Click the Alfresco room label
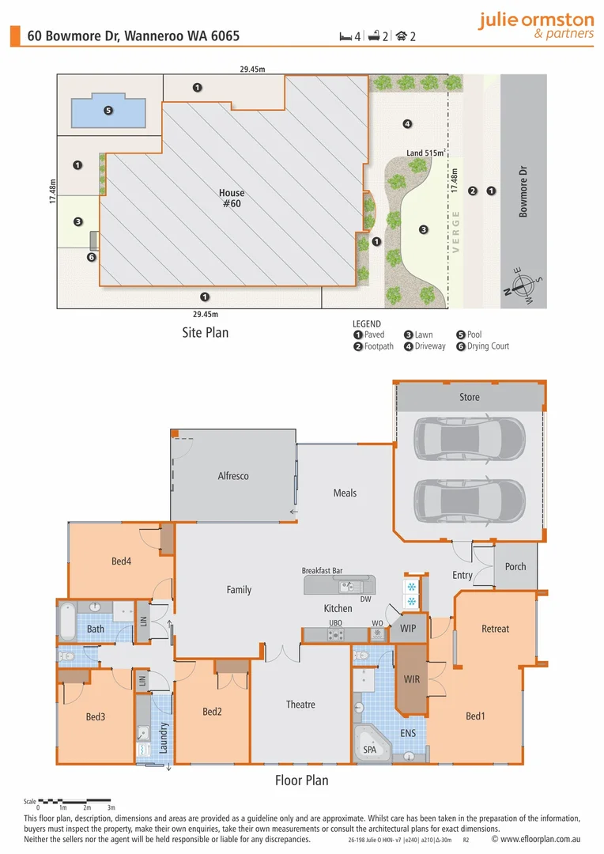[233, 476]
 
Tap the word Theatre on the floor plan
[300, 705]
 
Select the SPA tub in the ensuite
[372, 743]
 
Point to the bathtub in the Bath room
[67, 621]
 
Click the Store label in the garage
[470, 397]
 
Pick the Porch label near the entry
[515, 566]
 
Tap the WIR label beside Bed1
[412, 679]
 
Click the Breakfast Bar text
[322, 570]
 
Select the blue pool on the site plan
[108, 111]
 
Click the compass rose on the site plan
[523, 285]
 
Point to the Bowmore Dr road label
[523, 191]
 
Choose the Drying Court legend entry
[482, 346]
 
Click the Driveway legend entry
[425, 346]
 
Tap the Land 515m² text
[426, 153]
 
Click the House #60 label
[232, 198]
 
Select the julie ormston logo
[537, 25]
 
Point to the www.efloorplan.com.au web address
[536, 839]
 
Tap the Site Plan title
[206, 333]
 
